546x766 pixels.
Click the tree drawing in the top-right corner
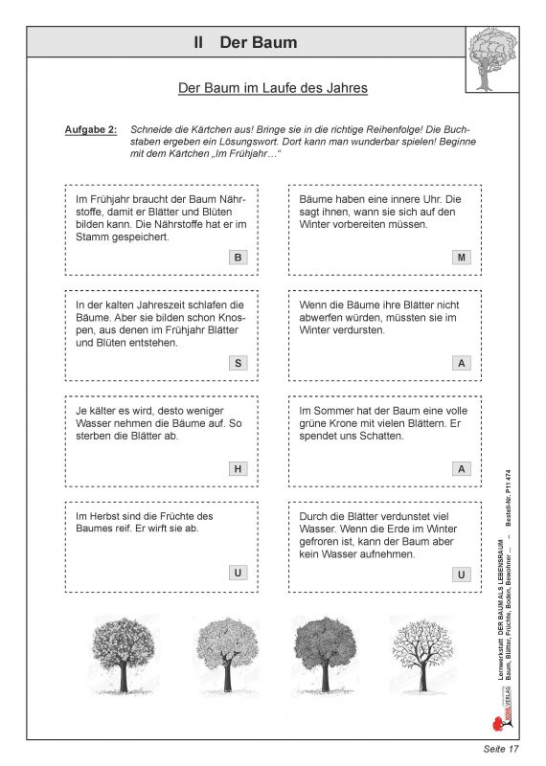pyautogui.click(x=491, y=58)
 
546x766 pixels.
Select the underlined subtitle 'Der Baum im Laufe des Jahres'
pyautogui.click(x=273, y=88)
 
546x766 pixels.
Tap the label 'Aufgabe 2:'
pyautogui.click(x=91, y=128)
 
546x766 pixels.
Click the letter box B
pyautogui.click(x=238, y=258)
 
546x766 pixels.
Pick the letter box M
pyautogui.click(x=461, y=258)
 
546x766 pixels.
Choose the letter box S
pyautogui.click(x=238, y=363)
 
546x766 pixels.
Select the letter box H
pyautogui.click(x=238, y=468)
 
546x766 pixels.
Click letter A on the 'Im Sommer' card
pyautogui.click(x=461, y=468)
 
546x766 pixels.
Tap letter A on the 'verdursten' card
pyautogui.click(x=461, y=363)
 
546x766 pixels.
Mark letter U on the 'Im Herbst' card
pyautogui.click(x=238, y=574)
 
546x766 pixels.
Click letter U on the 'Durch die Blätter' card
pyautogui.click(x=461, y=574)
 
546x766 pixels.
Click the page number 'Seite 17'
pyautogui.click(x=499, y=748)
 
